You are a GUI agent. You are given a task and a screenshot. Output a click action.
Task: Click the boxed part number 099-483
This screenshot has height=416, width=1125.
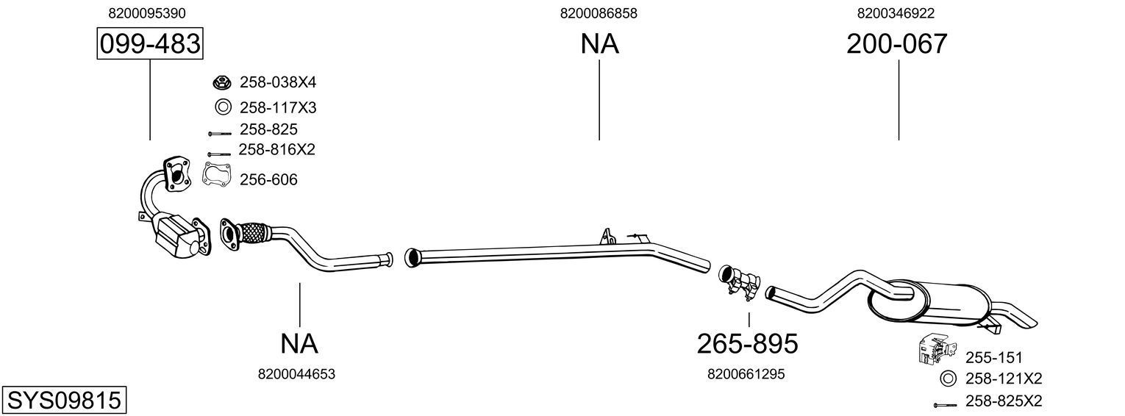149,44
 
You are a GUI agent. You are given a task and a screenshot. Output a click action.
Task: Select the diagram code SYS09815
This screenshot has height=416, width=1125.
63,401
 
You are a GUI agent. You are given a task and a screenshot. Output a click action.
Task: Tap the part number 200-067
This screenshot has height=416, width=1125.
896,44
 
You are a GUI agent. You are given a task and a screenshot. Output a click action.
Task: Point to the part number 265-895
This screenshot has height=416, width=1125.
747,343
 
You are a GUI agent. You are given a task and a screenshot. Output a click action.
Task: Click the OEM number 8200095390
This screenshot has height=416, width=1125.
146,13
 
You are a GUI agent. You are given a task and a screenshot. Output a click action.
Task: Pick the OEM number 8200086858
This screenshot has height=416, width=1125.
599,13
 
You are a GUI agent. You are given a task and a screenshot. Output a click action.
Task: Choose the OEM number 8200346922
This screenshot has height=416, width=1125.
896,13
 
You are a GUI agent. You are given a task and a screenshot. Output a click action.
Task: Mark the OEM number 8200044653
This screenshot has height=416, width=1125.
296,374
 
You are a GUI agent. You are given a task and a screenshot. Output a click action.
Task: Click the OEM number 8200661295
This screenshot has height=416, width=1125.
746,374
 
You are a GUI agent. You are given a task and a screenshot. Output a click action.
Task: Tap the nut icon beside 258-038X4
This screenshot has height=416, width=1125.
222,82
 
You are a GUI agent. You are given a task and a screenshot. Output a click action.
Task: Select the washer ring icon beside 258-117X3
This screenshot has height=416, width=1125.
223,107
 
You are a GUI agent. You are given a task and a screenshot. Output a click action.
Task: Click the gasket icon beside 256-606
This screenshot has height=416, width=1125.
214,176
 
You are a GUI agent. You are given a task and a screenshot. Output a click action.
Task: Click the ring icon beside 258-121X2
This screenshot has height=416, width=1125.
949,379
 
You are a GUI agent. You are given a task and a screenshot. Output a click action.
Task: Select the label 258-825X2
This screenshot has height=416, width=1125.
1003,401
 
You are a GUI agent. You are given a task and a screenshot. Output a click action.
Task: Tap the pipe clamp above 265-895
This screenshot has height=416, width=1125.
739,282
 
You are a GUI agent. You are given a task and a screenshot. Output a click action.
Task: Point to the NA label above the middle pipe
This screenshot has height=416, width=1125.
599,44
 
